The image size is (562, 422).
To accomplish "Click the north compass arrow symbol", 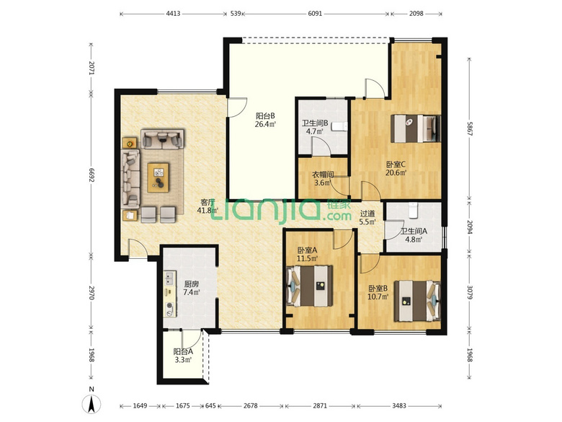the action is tap(92, 405).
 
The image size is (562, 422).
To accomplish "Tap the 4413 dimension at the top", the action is tap(173, 14).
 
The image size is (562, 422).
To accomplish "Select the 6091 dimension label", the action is tap(315, 14).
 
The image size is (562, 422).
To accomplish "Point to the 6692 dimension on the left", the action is tap(92, 175).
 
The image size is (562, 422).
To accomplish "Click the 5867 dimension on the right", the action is tap(470, 128).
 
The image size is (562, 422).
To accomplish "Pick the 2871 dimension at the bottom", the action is tap(320, 406).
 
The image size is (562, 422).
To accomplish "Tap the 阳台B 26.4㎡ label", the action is tap(265, 120).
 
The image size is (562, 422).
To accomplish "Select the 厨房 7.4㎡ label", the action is tap(192, 288).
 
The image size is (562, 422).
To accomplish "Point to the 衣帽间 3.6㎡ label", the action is tap(323, 179).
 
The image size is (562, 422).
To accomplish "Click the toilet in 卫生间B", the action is tap(340, 127).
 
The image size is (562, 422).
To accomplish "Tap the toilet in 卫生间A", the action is tap(414, 211).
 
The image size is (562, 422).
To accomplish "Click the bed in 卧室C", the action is tap(416, 128).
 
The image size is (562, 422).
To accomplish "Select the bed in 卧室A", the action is tap(310, 286).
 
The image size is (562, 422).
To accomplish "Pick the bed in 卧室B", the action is tap(417, 301).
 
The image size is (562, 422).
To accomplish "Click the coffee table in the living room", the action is tap(158, 177).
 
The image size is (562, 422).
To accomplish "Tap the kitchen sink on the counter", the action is tap(169, 279).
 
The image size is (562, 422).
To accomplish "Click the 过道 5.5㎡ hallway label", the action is tap(367, 218).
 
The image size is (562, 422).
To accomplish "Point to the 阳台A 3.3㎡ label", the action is tap(183, 356).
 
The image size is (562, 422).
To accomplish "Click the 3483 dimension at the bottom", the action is tap(399, 406).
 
